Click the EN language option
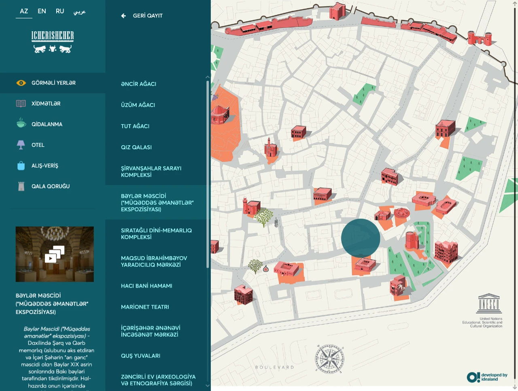point(42,11)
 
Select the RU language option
point(60,11)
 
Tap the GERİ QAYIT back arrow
point(123,16)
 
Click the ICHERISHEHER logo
point(53,42)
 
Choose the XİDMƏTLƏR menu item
point(46,104)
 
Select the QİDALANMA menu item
point(47,124)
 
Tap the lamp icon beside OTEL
point(21,145)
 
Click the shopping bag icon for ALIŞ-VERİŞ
point(21,166)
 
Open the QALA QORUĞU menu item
point(50,186)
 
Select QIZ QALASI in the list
point(136,147)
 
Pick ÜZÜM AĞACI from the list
point(138,105)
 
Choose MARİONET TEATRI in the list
point(145,307)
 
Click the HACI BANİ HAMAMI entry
point(146,286)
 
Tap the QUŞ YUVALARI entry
point(140,356)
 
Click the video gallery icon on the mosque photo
point(55,254)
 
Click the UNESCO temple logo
point(489,303)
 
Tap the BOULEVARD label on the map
point(274,368)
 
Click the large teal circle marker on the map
point(361,238)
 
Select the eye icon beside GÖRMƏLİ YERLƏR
point(21,83)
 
